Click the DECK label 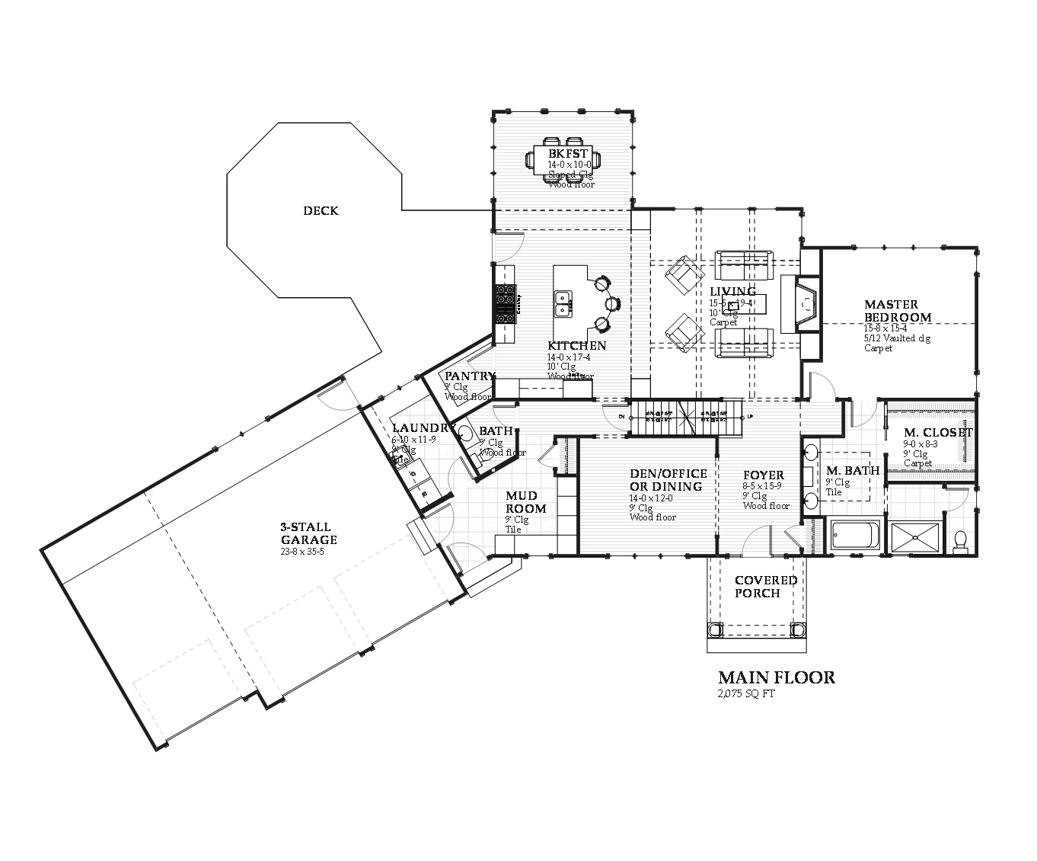point(321,211)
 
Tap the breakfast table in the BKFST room point(563,161)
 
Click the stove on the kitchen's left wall point(505,304)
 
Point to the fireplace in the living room point(806,304)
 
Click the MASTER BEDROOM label point(897,311)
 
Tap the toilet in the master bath point(960,540)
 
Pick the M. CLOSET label point(938,433)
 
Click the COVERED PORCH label point(766,587)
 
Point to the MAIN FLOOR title point(777,677)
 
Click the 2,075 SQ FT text point(746,694)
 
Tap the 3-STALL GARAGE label point(308,533)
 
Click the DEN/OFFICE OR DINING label point(668,480)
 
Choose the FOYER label point(764,475)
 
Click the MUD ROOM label point(526,502)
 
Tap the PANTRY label point(470,376)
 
